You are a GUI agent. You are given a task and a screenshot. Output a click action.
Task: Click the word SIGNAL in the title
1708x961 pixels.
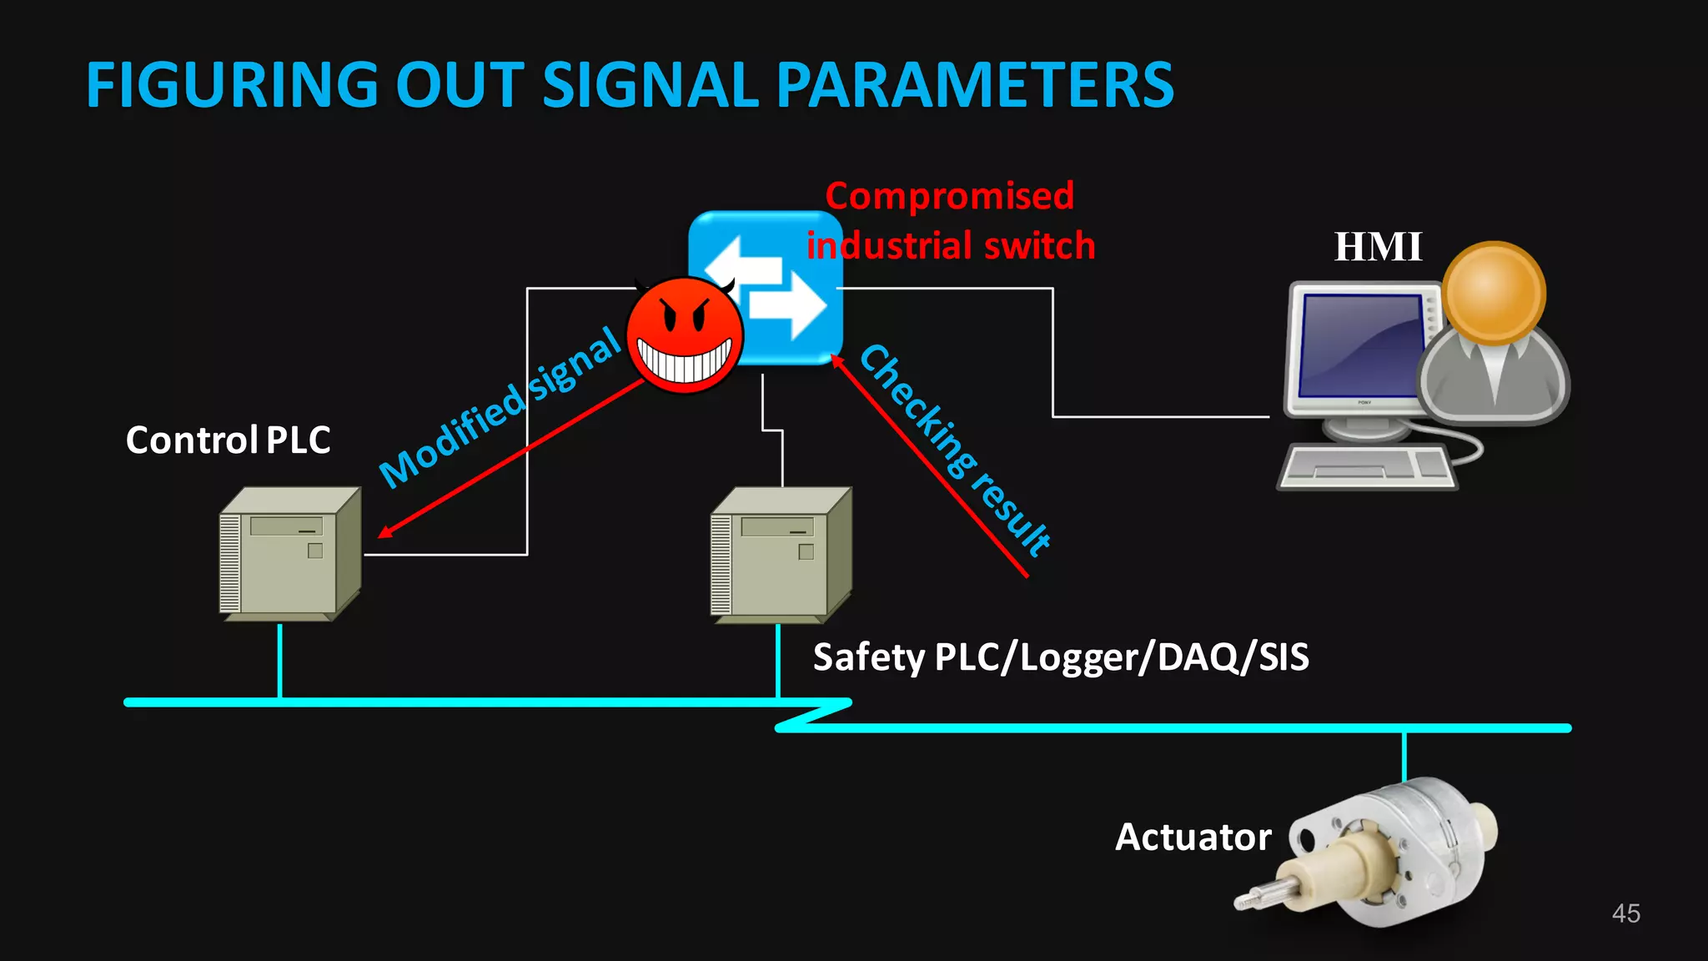coord(650,85)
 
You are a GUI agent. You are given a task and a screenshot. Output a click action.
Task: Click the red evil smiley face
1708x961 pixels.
coord(684,336)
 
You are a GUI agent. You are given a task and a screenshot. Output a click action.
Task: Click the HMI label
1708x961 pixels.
coord(1377,247)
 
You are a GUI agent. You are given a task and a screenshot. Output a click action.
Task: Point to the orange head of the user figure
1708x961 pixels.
coord(1494,292)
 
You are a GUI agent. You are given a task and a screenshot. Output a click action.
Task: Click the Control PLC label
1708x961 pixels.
coord(228,440)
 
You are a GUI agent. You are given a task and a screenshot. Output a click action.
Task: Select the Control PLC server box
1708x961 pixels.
coord(289,554)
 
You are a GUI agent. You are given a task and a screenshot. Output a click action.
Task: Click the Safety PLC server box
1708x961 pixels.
coord(781,554)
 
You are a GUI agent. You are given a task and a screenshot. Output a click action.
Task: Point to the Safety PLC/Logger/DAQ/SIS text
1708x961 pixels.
coord(1060,657)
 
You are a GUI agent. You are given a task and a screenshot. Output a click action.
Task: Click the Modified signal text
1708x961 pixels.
coord(500,406)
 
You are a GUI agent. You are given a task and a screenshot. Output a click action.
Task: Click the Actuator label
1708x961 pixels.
coord(1193,837)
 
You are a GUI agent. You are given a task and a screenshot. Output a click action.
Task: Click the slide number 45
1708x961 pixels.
coord(1625,913)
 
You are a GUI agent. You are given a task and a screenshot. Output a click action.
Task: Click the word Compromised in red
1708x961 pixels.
coord(949,197)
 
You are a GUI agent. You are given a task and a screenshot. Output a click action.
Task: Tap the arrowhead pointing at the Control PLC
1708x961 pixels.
coord(384,531)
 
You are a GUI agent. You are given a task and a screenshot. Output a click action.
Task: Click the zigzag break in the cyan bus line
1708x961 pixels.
coord(813,715)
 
